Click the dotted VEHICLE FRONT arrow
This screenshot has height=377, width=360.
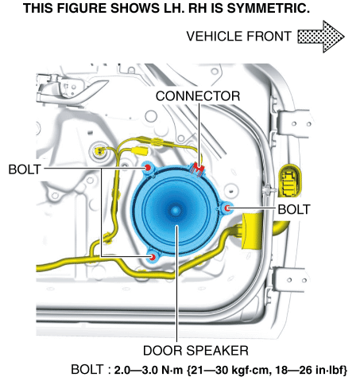coord(321,37)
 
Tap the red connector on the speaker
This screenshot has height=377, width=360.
coord(198,169)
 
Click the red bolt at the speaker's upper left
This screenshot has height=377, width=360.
coord(148,168)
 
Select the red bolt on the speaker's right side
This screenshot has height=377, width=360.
coord(227,208)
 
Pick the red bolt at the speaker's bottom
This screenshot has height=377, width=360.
coord(153,257)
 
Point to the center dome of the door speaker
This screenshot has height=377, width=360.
coord(176,211)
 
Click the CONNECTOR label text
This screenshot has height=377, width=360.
coord(198,96)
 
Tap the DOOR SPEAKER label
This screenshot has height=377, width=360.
coord(195,351)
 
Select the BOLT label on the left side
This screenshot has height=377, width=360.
coord(25,169)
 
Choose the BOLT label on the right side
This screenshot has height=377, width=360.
coord(294,209)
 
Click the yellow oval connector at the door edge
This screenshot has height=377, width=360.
coord(290,181)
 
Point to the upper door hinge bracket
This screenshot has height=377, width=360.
coord(293,123)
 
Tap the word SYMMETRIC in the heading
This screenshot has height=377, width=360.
coord(269,8)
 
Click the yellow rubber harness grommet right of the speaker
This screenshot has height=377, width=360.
coord(252,231)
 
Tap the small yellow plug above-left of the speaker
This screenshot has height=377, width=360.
coord(141,150)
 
